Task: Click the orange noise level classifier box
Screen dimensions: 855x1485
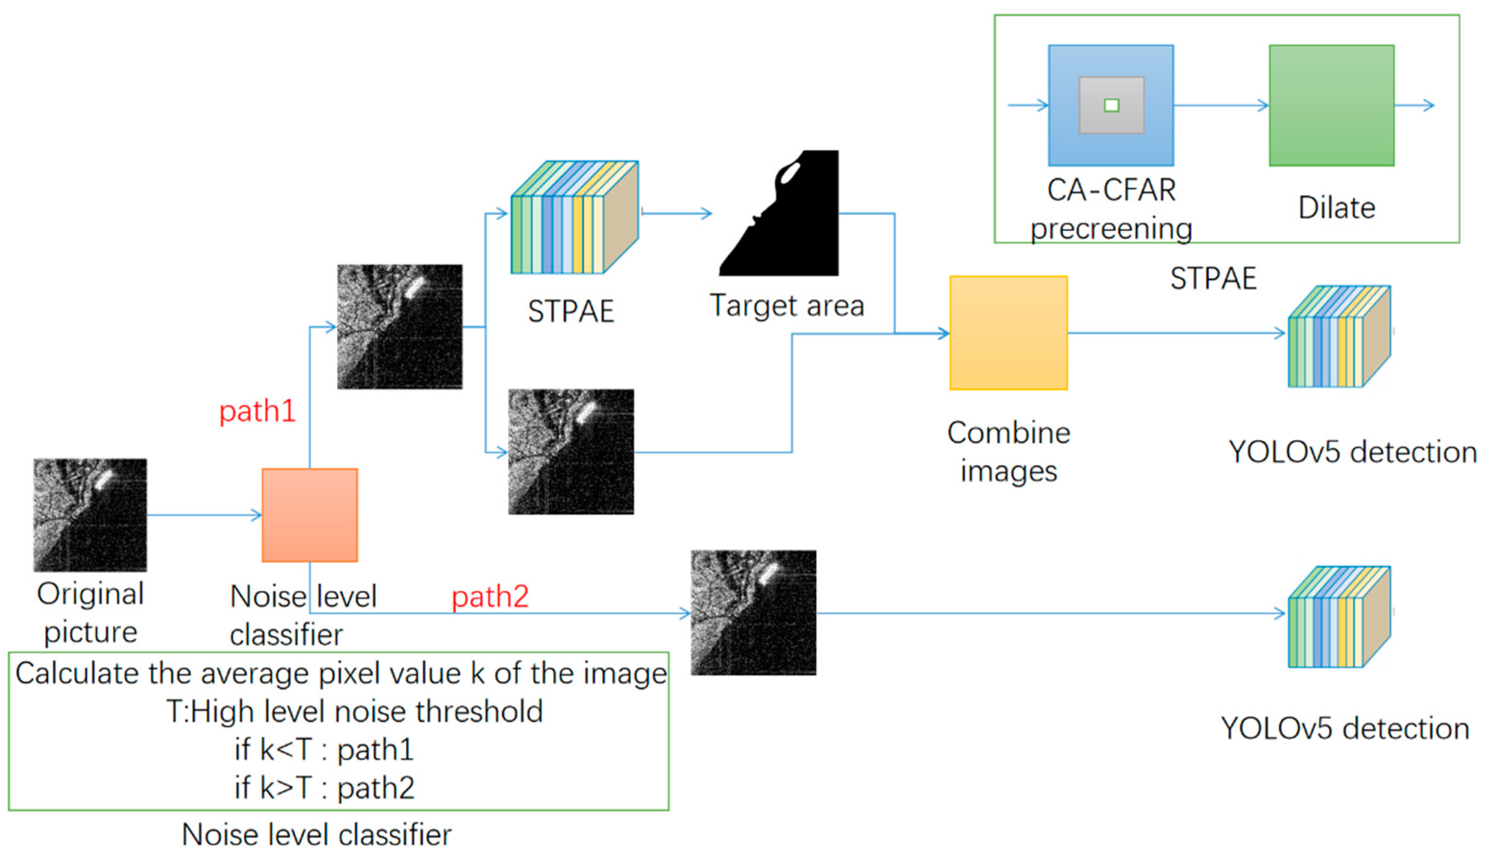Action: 310,515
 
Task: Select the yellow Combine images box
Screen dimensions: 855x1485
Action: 1008,333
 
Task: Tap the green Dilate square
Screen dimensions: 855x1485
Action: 1331,106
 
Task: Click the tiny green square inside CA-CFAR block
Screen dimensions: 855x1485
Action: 1111,106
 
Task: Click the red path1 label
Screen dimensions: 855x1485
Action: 257,411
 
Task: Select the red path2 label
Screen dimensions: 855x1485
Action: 490,597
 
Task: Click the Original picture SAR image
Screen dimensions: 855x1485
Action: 90,515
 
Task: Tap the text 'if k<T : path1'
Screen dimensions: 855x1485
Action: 324,750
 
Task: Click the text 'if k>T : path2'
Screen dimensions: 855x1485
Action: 324,787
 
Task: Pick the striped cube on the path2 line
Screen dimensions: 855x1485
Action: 1338,616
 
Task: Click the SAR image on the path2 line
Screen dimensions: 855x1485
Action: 753,613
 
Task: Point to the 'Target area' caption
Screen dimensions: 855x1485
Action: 787,306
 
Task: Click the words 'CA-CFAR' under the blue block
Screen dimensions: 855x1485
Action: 1111,190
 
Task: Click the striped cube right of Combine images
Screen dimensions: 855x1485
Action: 1338,337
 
